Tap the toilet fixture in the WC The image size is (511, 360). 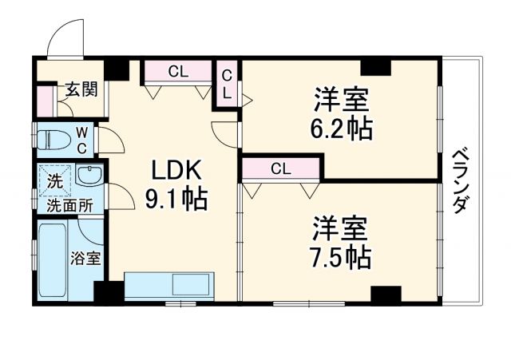point(54,137)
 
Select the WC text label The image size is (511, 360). point(82,139)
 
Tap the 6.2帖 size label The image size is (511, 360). point(341,126)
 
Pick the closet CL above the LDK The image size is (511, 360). point(178,71)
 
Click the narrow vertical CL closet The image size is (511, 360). point(227,85)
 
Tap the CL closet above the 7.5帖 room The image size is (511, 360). point(279,168)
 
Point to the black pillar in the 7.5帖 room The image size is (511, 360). point(386,294)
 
